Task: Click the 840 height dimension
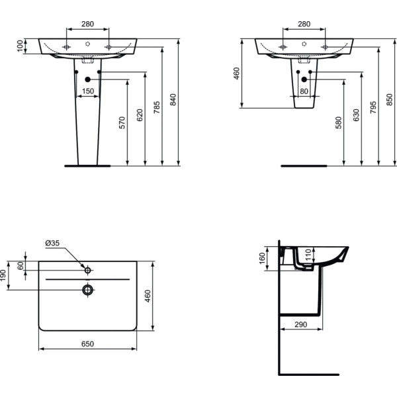pyautogui.click(x=174, y=100)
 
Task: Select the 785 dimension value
pyautogui.click(x=157, y=108)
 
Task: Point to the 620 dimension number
pyautogui.click(x=140, y=114)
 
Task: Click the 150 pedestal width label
pyautogui.click(x=87, y=91)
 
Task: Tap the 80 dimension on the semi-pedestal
pyautogui.click(x=304, y=91)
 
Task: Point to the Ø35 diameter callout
pyautogui.click(x=53, y=243)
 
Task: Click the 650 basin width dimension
pyautogui.click(x=87, y=343)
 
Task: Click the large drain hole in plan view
pyautogui.click(x=87, y=289)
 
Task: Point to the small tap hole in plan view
pyautogui.click(x=87, y=269)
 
